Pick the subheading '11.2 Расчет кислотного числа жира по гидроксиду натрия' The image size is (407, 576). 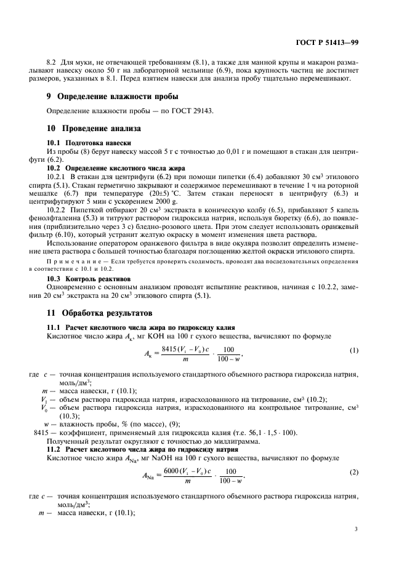click(135, 450)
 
